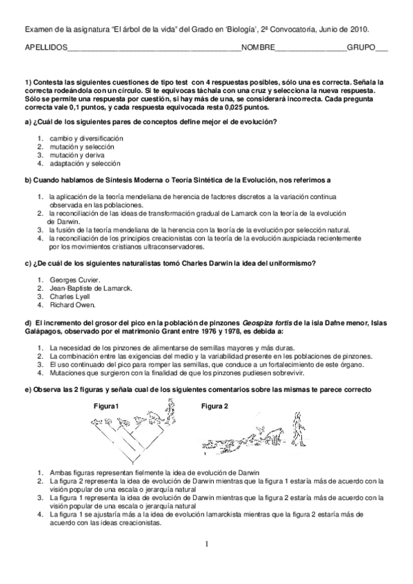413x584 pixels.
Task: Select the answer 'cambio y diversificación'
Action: click(x=86, y=138)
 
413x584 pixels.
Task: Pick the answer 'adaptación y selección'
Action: click(x=85, y=164)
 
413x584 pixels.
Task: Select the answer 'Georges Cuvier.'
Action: click(x=75, y=279)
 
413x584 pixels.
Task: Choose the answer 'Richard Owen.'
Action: click(x=73, y=304)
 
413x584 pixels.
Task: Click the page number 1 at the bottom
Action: click(x=206, y=543)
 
